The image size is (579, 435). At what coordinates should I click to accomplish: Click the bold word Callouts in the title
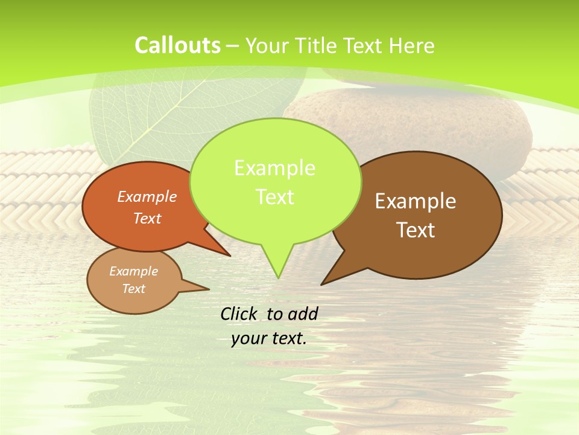pos(177,45)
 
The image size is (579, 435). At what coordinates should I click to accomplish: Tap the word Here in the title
pos(412,46)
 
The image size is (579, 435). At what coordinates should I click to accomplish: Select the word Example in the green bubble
pos(274,167)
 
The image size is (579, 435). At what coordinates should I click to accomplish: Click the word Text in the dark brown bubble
pos(416,230)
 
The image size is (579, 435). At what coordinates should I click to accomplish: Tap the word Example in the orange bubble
pos(147,196)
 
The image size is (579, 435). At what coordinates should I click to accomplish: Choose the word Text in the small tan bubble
pos(134,289)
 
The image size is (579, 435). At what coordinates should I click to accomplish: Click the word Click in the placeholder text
pos(240,314)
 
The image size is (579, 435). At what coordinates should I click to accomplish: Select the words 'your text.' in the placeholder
pos(269,338)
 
